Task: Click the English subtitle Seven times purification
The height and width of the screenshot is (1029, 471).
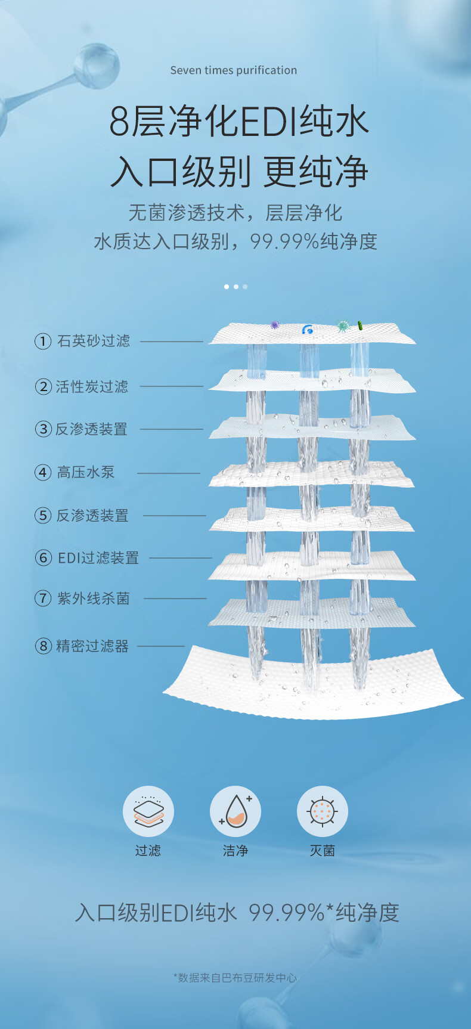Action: click(x=234, y=70)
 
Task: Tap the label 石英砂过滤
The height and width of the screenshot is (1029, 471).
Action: click(x=94, y=341)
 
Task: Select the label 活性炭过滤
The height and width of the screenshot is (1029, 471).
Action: click(x=92, y=387)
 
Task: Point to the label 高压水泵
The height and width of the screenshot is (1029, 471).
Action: click(x=86, y=472)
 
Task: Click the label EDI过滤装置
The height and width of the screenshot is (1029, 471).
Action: click(x=98, y=558)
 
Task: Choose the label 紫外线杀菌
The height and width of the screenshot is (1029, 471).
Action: click(x=94, y=599)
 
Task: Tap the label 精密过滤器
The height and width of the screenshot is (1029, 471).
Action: click(x=92, y=646)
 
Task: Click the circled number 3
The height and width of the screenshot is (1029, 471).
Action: click(x=44, y=429)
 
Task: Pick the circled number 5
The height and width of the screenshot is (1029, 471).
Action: click(x=43, y=516)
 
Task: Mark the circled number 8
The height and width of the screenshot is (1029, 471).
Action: click(x=44, y=646)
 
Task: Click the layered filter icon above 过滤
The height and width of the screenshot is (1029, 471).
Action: click(x=148, y=811)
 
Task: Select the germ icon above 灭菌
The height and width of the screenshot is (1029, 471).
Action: click(x=323, y=811)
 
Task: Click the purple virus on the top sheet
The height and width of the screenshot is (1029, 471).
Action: click(x=275, y=325)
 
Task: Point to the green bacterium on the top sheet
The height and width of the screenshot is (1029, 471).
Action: click(x=360, y=326)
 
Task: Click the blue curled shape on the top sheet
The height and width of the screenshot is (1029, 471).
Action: click(x=308, y=329)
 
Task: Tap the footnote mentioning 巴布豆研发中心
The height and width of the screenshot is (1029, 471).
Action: click(x=235, y=978)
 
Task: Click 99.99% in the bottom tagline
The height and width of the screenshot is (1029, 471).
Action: click(x=286, y=913)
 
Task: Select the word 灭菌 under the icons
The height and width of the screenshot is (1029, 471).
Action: click(x=323, y=851)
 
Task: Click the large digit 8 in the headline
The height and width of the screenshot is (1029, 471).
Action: click(x=119, y=121)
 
